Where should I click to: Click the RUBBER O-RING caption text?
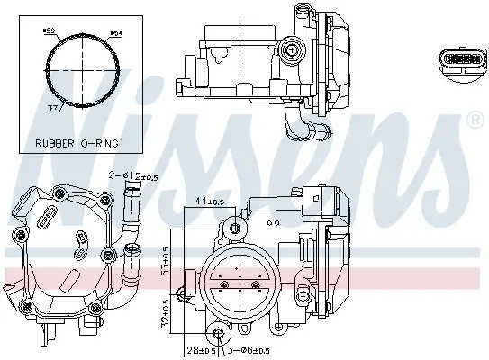click(x=77, y=142)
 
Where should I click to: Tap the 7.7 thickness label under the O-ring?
click(x=53, y=106)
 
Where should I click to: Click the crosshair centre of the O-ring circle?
click(x=83, y=71)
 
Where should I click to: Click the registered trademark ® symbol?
click(x=475, y=119)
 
